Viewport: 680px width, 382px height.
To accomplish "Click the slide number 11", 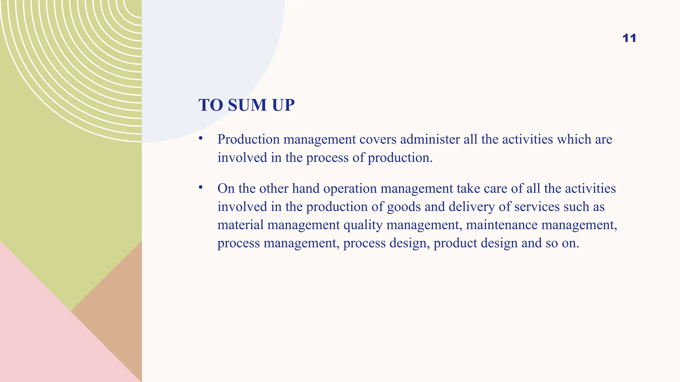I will (x=629, y=38).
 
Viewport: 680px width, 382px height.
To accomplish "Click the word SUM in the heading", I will (x=247, y=105).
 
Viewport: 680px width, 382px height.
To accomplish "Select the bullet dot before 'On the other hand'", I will (x=201, y=187).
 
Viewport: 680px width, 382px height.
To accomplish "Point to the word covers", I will (x=378, y=139).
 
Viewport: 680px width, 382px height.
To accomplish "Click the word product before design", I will (x=455, y=243).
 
